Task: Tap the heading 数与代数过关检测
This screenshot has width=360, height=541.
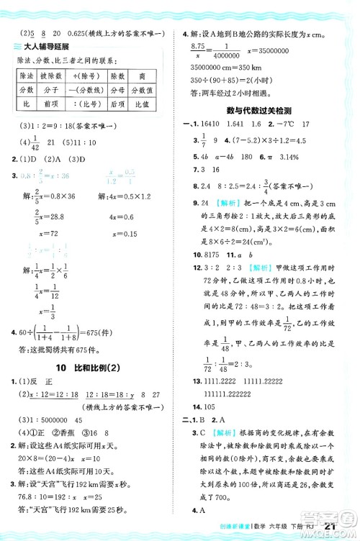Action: tap(258, 112)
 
